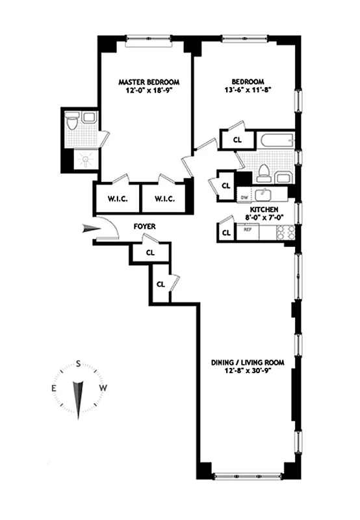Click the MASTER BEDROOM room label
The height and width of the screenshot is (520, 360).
[149, 82]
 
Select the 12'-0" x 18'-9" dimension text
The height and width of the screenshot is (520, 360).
[149, 91]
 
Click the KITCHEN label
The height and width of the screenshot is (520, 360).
[264, 209]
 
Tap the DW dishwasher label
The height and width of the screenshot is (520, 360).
[244, 196]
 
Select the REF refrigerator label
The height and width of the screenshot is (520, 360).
[247, 229]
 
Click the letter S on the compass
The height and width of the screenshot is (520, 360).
[78, 363]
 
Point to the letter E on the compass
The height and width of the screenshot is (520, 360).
[54, 388]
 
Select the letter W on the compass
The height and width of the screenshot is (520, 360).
[103, 388]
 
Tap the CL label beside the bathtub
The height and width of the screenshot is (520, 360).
[237, 139]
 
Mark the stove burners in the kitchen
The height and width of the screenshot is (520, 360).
[287, 233]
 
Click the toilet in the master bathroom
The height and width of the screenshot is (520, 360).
[73, 120]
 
